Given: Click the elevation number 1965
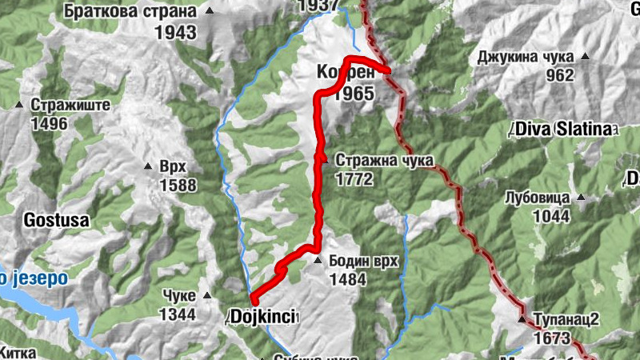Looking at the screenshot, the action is pyautogui.click(x=354, y=94).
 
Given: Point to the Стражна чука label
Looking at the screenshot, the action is pyautogui.click(x=385, y=160).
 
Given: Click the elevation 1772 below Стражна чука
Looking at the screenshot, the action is pyautogui.click(x=354, y=179).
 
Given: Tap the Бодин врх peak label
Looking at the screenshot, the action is pyautogui.click(x=365, y=262).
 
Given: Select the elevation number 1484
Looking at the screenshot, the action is pyautogui.click(x=346, y=280).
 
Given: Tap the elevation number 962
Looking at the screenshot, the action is pyautogui.click(x=560, y=77).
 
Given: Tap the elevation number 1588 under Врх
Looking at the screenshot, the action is pyautogui.click(x=177, y=186).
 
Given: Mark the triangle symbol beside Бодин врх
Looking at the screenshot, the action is pyautogui.click(x=318, y=262).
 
